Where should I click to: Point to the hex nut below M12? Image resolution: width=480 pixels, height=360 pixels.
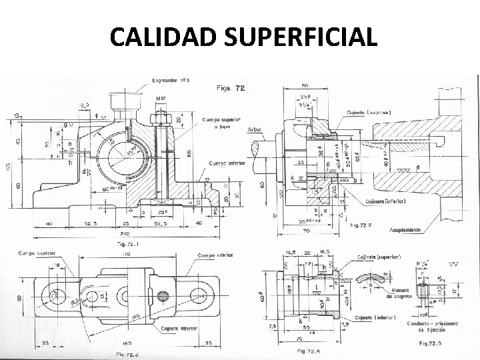point(161,118)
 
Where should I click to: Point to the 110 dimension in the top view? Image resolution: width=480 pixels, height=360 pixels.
point(124,255)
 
